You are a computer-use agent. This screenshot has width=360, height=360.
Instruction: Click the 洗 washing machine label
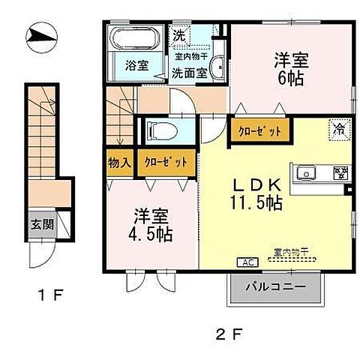point(180,34)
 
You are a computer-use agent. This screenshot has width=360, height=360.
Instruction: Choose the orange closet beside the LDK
point(259,131)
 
